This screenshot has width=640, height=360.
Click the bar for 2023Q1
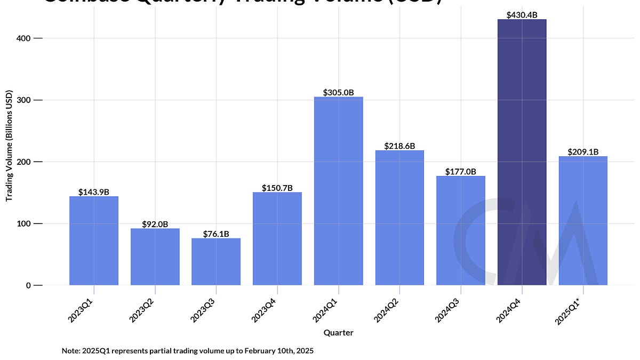[94, 241]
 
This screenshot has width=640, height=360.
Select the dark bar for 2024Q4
[522, 152]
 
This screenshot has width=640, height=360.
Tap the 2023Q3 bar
[216, 261]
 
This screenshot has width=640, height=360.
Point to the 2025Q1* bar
[583, 221]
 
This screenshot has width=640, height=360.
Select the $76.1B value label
[216, 234]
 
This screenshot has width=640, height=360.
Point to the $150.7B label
[277, 188]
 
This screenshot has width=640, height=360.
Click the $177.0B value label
[461, 172]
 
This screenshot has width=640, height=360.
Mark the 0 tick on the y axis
[28, 285]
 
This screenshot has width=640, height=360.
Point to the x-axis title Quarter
[338, 333]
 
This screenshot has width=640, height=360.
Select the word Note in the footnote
[70, 351]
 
